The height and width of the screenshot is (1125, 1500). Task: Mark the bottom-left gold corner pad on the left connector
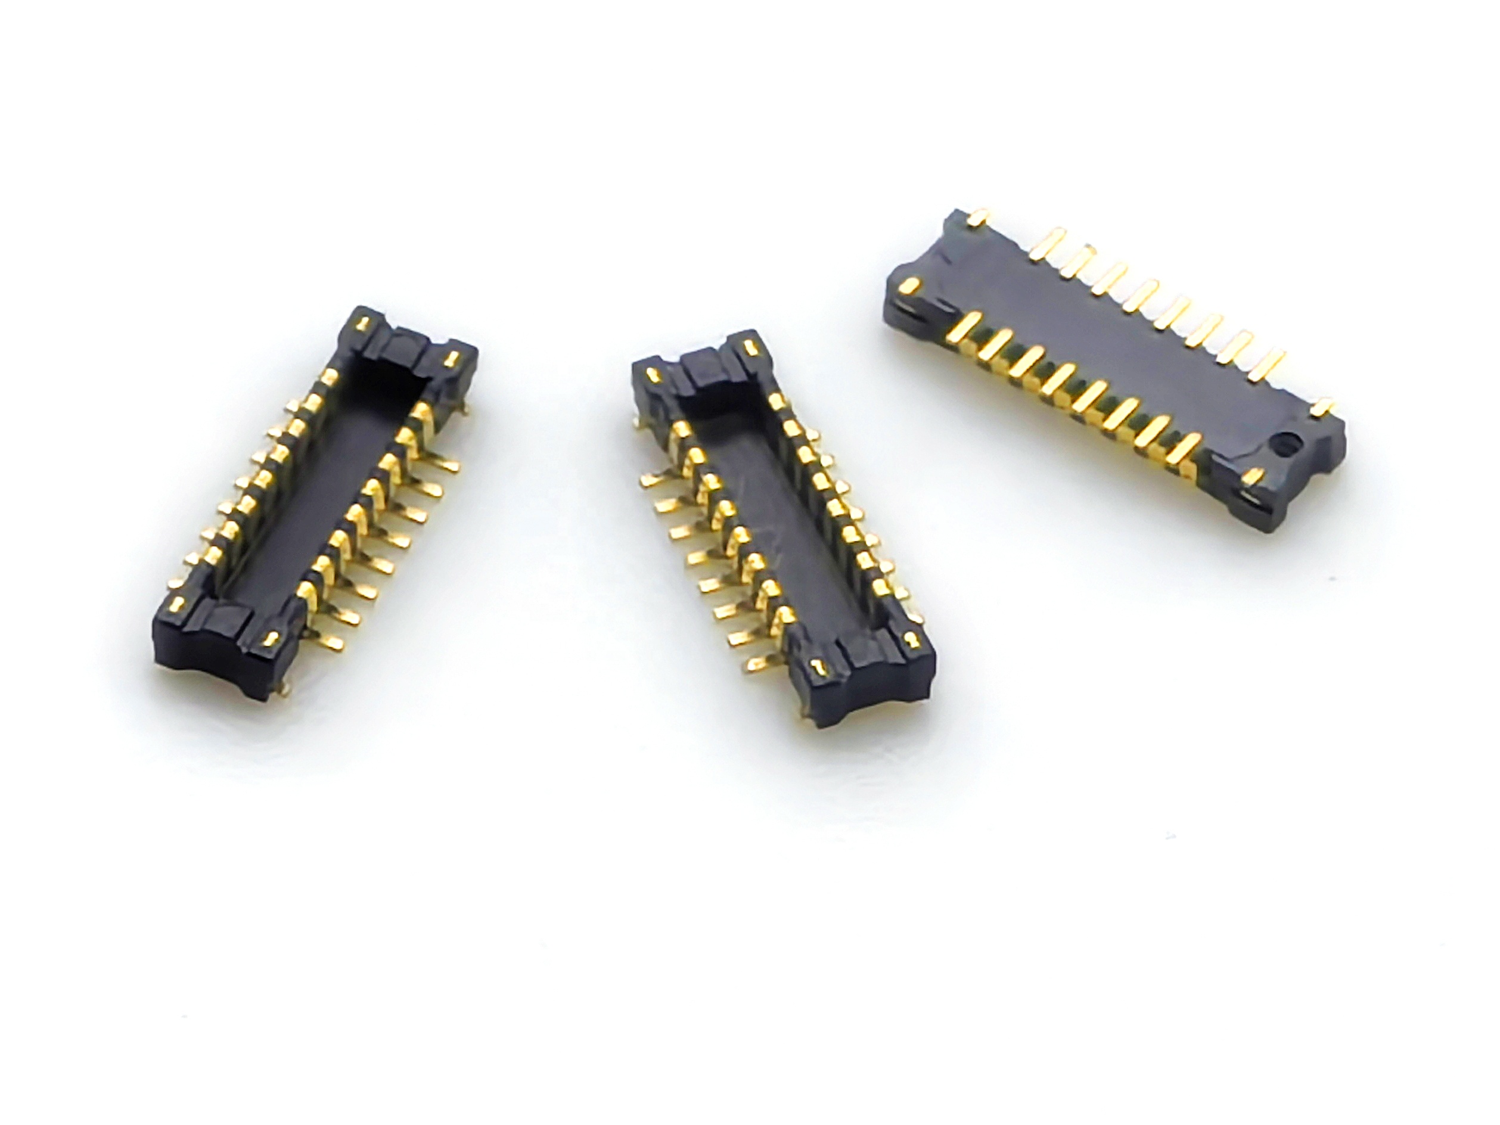click(176, 603)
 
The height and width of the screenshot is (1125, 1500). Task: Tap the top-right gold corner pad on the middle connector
click(749, 348)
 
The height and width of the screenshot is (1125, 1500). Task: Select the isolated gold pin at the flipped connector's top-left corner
click(977, 217)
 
